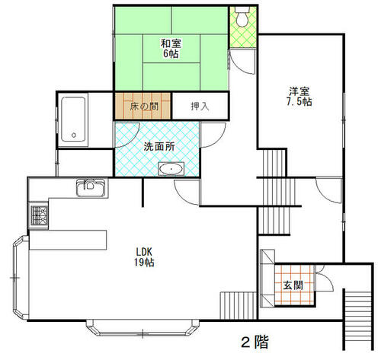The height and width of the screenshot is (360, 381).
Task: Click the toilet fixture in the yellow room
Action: click(242, 17)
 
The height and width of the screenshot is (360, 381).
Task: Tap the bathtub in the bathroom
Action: click(73, 119)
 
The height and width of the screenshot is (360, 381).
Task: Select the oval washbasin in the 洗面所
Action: click(171, 169)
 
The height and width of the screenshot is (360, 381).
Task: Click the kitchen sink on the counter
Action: click(91, 188)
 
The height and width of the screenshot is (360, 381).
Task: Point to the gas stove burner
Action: click(39, 215)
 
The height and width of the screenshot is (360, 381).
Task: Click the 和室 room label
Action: click(171, 43)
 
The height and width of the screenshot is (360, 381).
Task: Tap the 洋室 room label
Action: click(299, 91)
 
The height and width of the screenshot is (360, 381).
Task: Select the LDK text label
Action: click(144, 252)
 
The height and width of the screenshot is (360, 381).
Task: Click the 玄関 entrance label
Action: click(293, 285)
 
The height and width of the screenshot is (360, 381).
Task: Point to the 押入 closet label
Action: click(200, 107)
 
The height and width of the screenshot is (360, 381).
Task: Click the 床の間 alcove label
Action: click(144, 107)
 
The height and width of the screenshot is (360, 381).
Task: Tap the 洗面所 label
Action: click(159, 147)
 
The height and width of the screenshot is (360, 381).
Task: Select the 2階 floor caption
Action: click(255, 342)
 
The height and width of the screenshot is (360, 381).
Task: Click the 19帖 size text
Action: click(144, 263)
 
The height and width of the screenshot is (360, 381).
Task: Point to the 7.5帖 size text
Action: click(299, 102)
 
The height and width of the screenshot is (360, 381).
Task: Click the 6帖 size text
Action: click(171, 54)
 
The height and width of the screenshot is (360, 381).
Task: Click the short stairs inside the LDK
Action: click(239, 305)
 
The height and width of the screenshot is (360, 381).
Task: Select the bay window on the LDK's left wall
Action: click(21, 277)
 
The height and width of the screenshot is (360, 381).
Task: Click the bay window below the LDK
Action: click(142, 327)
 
